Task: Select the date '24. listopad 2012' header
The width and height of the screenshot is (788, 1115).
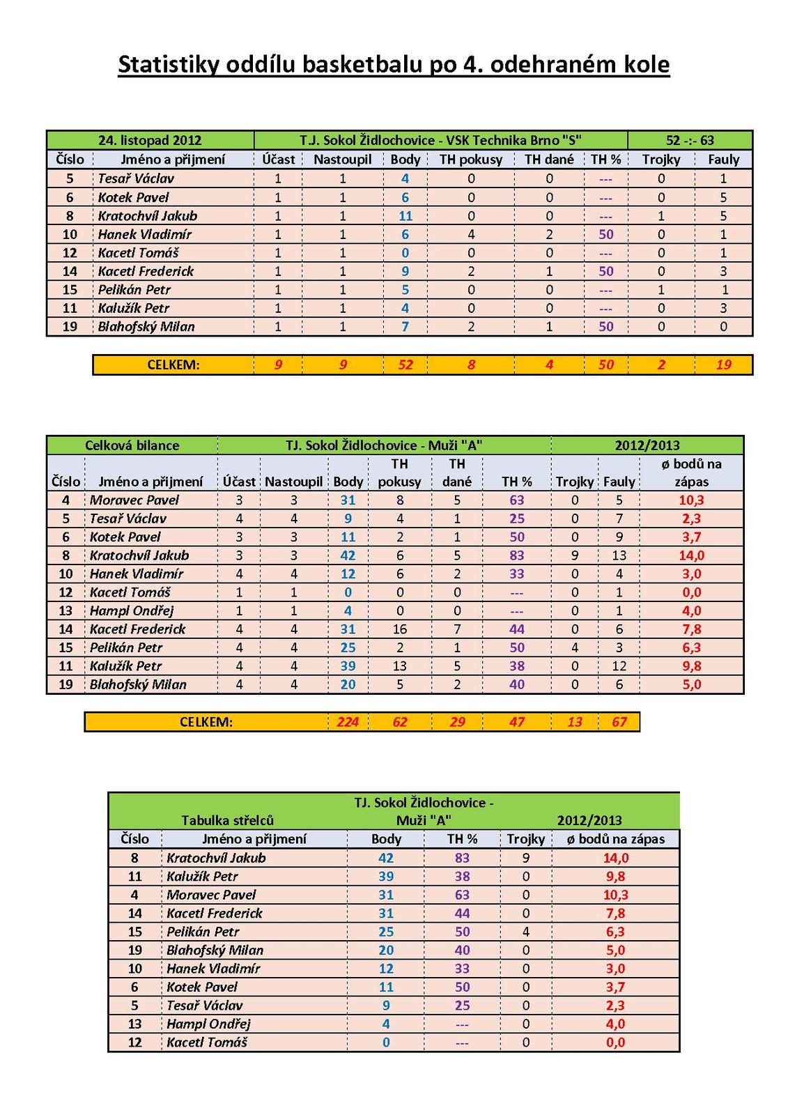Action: (150, 140)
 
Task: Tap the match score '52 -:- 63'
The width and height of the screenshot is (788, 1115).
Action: (690, 140)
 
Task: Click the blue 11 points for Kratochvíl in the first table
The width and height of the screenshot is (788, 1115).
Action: (405, 216)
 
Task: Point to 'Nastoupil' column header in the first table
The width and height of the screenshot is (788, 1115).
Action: (342, 160)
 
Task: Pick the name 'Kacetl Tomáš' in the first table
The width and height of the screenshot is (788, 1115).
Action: (138, 253)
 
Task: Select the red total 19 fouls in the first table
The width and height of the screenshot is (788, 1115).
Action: (723, 364)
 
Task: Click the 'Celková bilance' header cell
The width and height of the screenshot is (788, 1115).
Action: (132, 445)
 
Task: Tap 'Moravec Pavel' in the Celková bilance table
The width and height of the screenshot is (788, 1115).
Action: (134, 500)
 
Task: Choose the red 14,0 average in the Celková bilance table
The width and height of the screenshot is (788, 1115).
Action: (691, 555)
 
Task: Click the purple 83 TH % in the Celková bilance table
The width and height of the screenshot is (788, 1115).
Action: (516, 555)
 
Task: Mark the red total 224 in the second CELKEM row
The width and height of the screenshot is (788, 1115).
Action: (348, 722)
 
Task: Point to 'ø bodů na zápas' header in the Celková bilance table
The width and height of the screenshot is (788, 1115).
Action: (691, 472)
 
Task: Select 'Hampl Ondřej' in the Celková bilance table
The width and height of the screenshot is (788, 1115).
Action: (131, 610)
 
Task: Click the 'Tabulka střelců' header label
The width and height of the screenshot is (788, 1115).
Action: (227, 820)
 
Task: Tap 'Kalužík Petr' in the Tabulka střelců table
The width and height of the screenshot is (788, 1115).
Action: (202, 877)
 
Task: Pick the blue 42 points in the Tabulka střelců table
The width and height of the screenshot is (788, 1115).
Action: (386, 859)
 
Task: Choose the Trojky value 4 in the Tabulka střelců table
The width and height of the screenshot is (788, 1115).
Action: (525, 932)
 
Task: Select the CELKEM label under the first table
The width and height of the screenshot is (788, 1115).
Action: (173, 364)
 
